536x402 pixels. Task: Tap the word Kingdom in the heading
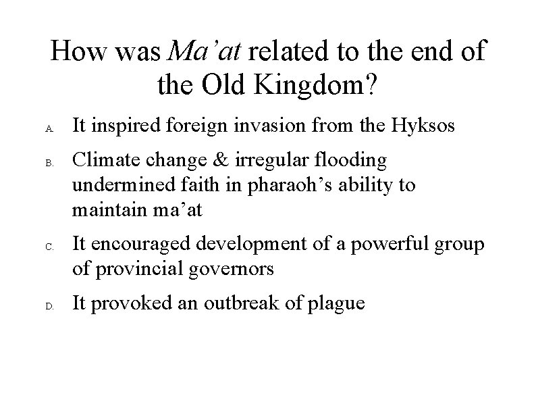pos(317,84)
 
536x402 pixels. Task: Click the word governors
pos(231,270)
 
